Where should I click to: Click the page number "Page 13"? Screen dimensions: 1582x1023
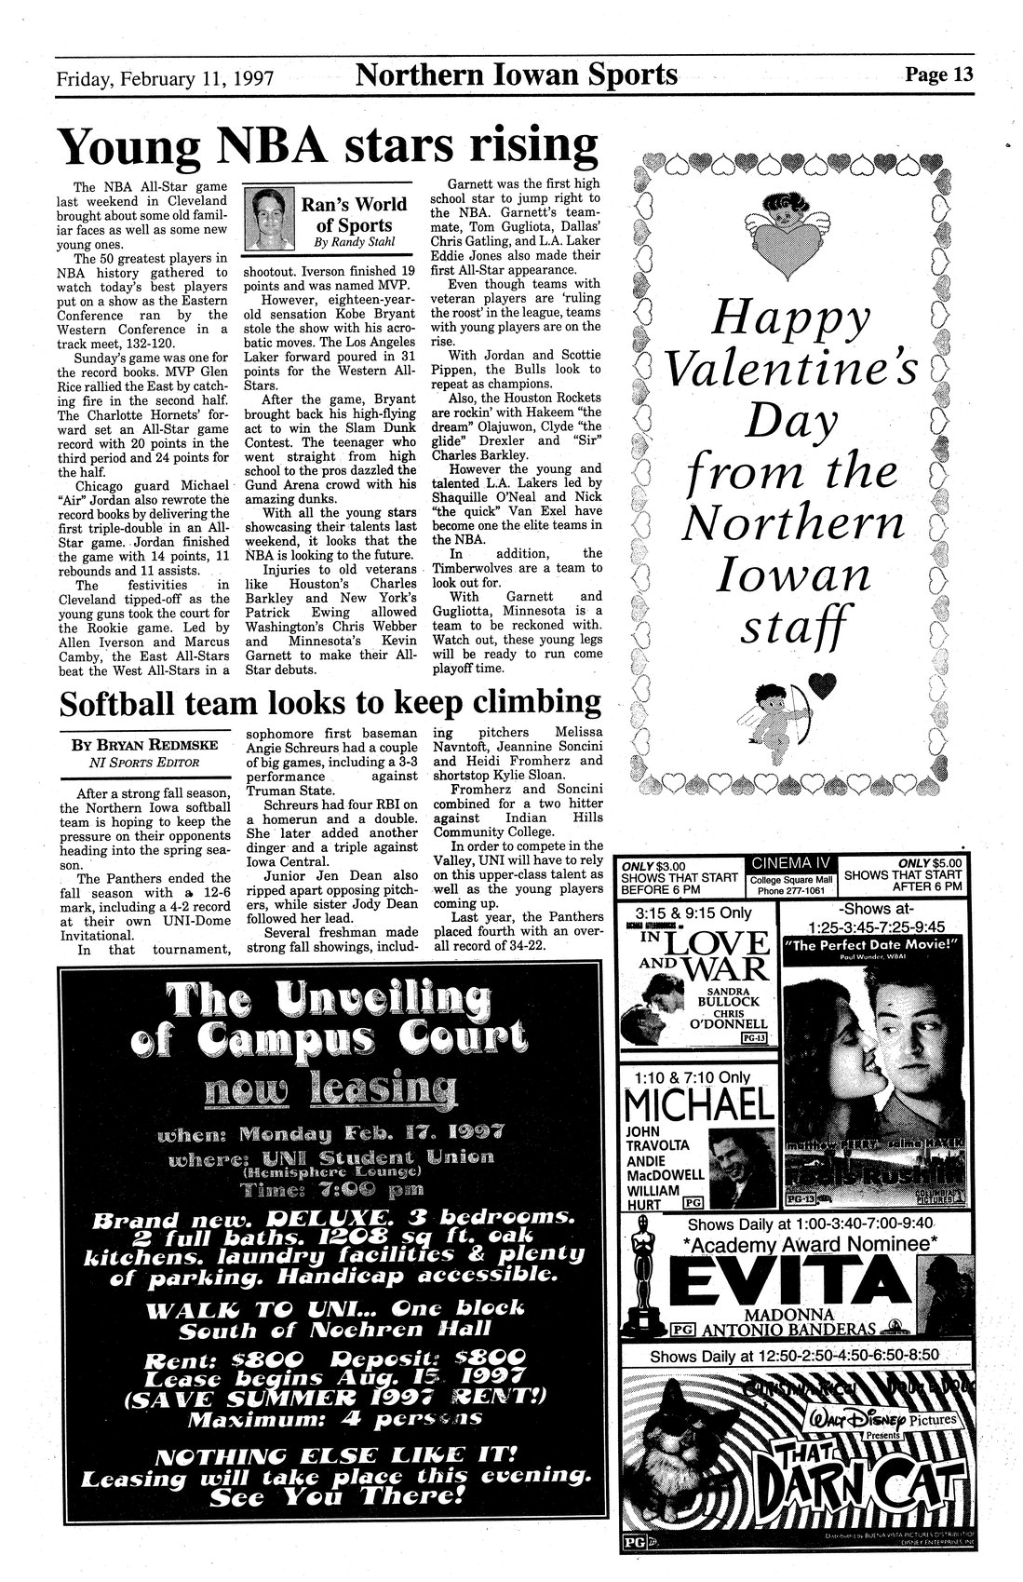click(938, 74)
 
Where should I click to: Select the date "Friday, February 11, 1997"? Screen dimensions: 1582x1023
click(166, 78)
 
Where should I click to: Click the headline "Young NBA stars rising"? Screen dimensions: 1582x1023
click(328, 145)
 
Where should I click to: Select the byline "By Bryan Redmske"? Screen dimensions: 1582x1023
click(141, 746)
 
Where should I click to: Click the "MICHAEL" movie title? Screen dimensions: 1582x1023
click(700, 1104)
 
